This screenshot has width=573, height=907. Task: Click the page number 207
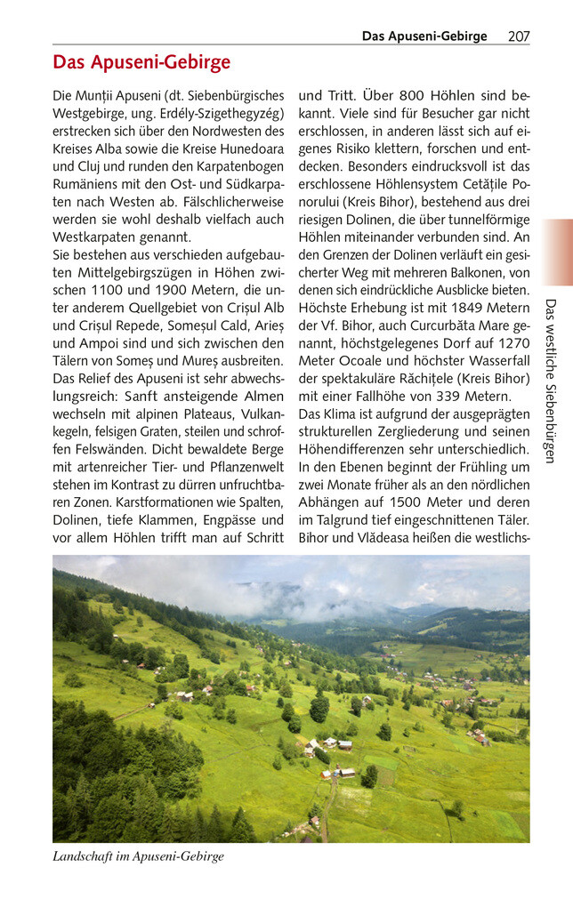(x=519, y=36)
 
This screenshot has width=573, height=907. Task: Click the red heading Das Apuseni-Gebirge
(x=141, y=62)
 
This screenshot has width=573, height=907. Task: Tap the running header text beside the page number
(x=424, y=36)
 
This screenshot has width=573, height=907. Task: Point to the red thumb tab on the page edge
(x=558, y=252)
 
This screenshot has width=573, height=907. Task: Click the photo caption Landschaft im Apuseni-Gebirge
(x=138, y=856)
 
